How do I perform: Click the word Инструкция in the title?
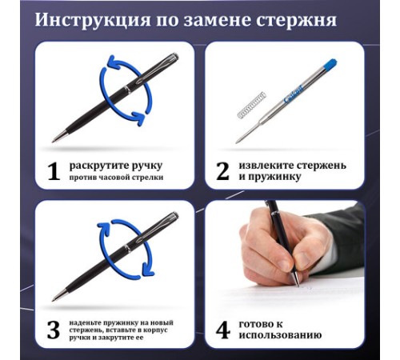coord(93,21)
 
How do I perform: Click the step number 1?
coord(54,171)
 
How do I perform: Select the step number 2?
coord(222,171)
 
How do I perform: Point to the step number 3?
coord(54,330)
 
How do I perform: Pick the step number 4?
coord(223,330)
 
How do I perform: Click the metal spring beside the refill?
coord(251,106)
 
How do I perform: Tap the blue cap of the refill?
coord(330,66)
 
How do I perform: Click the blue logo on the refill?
coord(294,94)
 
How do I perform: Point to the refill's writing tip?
coord(237,142)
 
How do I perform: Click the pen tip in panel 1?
coord(54,141)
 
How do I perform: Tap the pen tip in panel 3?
coord(54,300)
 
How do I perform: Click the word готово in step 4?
coord(257,324)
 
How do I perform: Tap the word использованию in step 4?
coord(280,335)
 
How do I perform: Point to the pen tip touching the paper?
coord(298,285)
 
